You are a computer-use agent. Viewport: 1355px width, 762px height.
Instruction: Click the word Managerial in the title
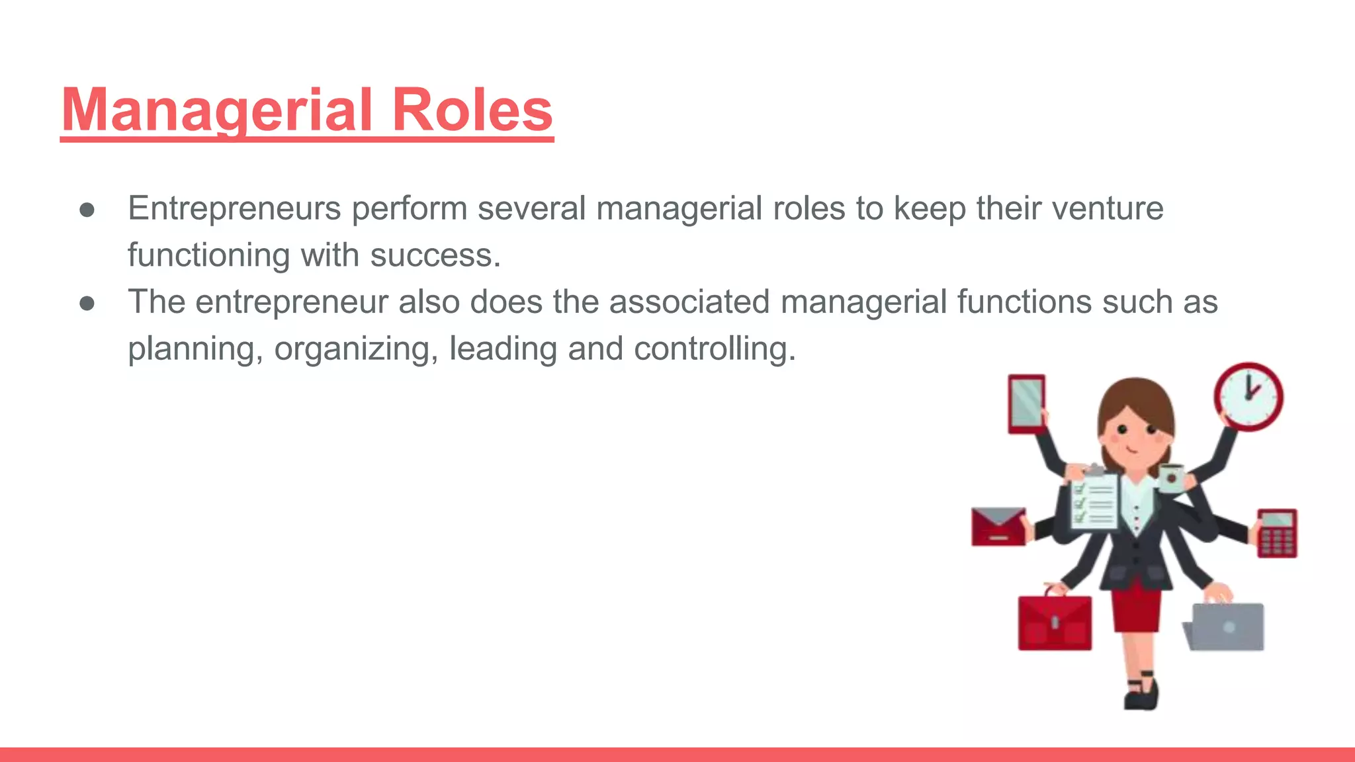coord(217,110)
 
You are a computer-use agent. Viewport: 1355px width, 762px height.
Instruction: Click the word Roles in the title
coord(472,110)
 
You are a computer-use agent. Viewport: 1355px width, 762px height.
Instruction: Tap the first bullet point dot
coord(87,210)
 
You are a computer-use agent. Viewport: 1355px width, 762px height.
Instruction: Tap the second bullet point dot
coord(87,303)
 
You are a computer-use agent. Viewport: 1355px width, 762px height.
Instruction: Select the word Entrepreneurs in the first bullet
coord(234,208)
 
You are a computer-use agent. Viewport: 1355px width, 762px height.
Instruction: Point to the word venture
coord(1108,208)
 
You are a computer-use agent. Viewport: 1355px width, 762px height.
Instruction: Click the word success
coord(435,255)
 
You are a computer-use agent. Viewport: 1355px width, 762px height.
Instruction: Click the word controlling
coord(715,349)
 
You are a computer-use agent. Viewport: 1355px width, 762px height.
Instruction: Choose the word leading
coord(503,349)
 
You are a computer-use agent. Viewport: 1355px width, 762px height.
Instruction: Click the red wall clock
coord(1248,397)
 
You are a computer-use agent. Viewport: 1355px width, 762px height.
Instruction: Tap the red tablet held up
coord(1026,404)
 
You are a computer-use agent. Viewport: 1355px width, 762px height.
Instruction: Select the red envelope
coord(998,527)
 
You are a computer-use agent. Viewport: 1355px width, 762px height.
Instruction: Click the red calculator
coord(1277,533)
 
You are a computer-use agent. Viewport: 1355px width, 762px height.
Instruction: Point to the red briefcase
coord(1055,622)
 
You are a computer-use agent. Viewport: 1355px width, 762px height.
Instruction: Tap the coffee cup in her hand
coord(1171,478)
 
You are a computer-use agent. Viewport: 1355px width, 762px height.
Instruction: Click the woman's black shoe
coord(1143,695)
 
